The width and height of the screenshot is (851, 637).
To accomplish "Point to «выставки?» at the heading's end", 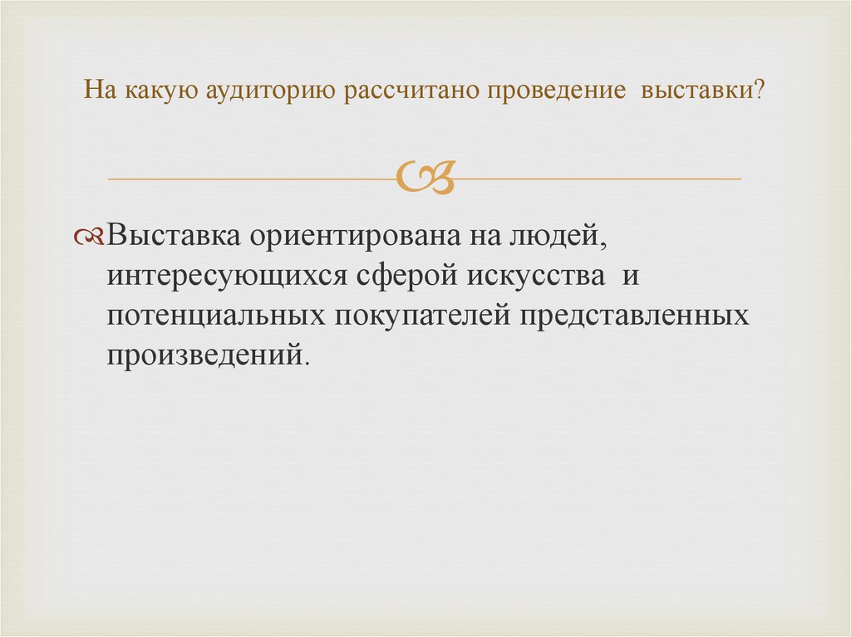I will pos(701,89).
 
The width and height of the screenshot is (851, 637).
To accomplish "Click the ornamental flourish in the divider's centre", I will pos(425,177).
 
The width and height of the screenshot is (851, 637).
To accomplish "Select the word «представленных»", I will pos(627,316).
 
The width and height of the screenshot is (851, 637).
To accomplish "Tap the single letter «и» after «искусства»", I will pos(630,277).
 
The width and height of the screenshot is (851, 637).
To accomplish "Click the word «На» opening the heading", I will pos(101,89).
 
